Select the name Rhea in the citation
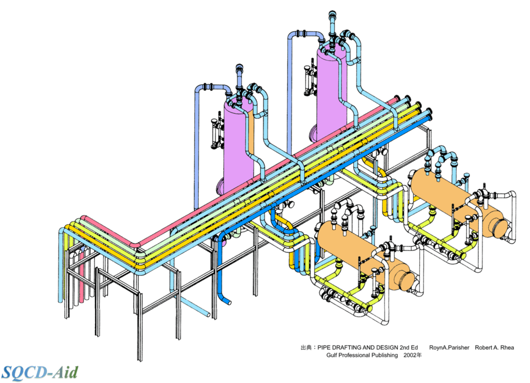505,348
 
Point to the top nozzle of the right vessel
332,21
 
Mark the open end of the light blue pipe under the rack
208,314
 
